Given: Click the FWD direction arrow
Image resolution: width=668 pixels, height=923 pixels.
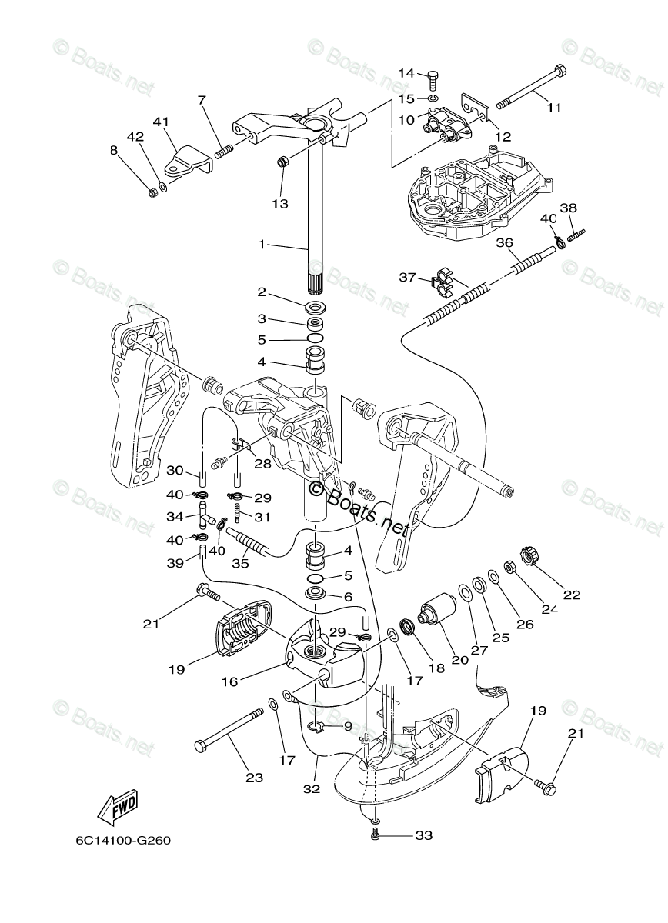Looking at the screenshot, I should (x=117, y=807).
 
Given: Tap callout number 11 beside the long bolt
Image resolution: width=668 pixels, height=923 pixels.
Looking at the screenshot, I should (x=554, y=107).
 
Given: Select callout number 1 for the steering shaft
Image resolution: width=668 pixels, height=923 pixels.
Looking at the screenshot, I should (x=262, y=245).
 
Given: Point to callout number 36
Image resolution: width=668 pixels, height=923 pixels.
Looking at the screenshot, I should (x=504, y=242).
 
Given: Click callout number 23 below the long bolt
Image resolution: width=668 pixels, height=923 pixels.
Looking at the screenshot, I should (x=254, y=778).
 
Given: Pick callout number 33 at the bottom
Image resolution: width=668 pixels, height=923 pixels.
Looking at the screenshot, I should (x=424, y=834).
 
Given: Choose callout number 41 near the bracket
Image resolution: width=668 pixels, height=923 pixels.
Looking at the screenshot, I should (x=160, y=122).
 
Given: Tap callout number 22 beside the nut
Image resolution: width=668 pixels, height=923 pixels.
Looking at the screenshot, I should (x=571, y=594).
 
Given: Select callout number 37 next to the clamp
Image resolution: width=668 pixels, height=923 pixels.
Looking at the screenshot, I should (x=408, y=277).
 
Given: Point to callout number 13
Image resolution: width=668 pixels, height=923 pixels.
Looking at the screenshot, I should (x=279, y=203).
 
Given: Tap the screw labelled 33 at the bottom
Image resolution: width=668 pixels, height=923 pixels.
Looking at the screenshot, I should (x=375, y=834).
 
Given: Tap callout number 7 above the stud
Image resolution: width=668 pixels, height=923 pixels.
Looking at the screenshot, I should (x=202, y=100).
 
